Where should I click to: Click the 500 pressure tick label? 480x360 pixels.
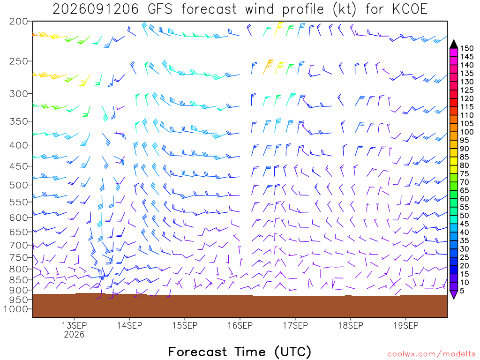19,185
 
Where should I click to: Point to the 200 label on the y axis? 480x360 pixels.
19,22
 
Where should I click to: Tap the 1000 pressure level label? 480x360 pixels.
16,309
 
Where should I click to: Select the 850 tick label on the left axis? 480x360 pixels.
19,280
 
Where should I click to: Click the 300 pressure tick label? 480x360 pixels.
19,94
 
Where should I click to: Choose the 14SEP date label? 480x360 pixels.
129,325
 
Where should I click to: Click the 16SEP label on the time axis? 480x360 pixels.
240,325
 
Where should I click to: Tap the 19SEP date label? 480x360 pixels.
406,325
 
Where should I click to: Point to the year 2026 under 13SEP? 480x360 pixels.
74,334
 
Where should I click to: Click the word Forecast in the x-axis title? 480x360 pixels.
198,352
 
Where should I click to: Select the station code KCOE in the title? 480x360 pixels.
410,9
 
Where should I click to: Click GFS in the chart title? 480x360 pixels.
160,9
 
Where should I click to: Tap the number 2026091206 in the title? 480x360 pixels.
96,9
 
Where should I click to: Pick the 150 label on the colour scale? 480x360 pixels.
467,48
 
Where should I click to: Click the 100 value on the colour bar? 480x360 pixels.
467,132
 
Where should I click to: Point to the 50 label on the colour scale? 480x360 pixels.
465,216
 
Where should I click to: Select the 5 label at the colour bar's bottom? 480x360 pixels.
462,291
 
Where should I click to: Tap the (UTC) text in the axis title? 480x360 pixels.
293,352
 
